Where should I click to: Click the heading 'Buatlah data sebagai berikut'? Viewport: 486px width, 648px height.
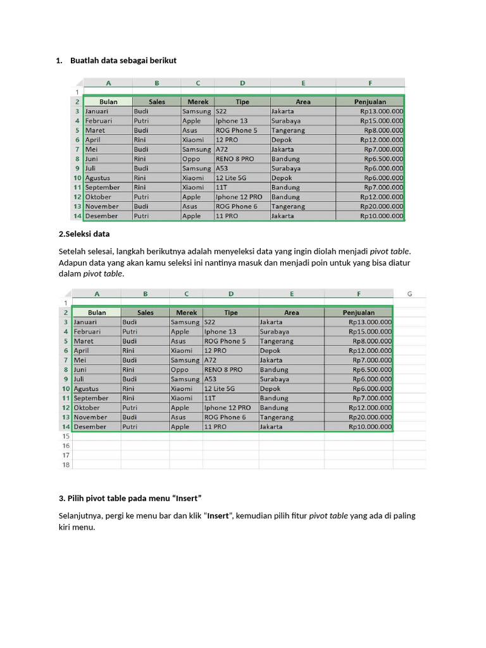point(123,61)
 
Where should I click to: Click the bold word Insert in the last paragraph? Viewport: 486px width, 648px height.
point(218,516)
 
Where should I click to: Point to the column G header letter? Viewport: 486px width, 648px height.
point(409,294)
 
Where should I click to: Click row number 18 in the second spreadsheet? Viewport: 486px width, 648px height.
point(65,464)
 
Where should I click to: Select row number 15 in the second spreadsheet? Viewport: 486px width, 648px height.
point(65,436)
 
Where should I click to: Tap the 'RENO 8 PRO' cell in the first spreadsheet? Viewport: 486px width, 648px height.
point(235,159)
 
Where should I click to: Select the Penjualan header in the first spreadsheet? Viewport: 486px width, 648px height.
point(370,101)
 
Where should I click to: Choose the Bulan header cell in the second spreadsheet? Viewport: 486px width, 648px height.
point(97,313)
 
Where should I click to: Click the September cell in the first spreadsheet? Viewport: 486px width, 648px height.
point(103,187)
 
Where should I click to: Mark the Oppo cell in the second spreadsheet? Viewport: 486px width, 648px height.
point(180,370)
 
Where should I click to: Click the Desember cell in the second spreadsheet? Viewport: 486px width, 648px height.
point(91,427)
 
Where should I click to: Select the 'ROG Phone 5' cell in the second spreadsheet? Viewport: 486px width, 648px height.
point(225,341)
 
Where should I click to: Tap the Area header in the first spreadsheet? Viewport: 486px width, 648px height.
point(303,101)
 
